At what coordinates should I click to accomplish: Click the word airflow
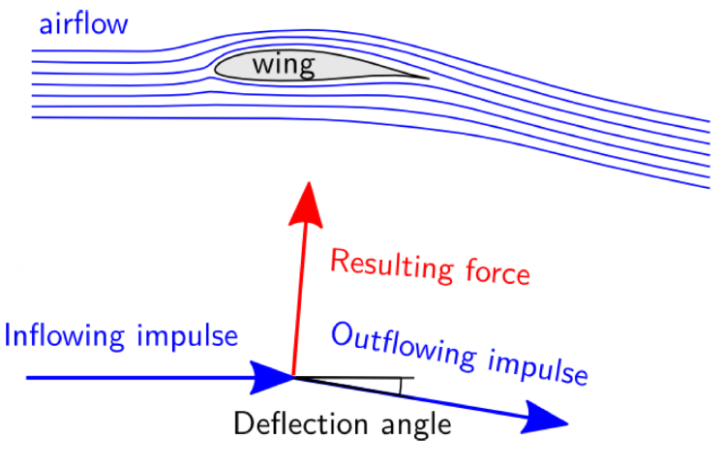point(82,23)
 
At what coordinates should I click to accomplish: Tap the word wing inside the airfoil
point(283,66)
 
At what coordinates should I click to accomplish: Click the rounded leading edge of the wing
point(217,68)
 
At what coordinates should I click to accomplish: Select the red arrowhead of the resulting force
point(309,200)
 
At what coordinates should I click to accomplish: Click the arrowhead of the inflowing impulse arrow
point(273,376)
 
